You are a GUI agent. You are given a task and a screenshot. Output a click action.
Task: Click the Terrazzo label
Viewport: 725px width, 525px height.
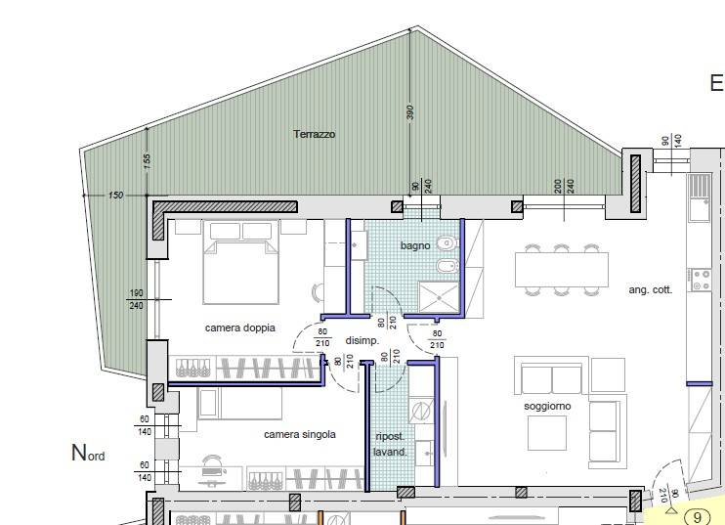click(x=314, y=134)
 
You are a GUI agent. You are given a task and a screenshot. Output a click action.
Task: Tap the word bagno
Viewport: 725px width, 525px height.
click(x=414, y=245)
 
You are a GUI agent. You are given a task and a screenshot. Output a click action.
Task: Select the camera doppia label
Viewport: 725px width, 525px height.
click(x=239, y=328)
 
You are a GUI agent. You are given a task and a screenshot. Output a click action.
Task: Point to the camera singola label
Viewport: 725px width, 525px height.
click(x=300, y=434)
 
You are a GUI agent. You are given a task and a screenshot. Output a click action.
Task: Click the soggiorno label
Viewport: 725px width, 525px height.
click(x=546, y=405)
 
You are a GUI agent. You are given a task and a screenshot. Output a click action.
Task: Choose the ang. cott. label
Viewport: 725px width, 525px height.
click(x=650, y=290)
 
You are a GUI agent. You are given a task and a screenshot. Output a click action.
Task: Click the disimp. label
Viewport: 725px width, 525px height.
click(x=362, y=340)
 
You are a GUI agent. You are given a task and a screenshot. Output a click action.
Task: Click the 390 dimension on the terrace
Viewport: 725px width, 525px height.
click(x=410, y=112)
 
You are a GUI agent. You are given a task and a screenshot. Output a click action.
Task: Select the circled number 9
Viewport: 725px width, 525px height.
click(x=698, y=516)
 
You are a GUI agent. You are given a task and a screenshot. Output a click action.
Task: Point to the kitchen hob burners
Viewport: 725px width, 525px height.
click(x=701, y=281)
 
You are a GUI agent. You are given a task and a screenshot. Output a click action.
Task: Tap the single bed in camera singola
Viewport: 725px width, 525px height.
click(x=240, y=402)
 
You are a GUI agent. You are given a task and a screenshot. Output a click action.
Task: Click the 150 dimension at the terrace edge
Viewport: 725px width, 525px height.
click(x=115, y=196)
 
